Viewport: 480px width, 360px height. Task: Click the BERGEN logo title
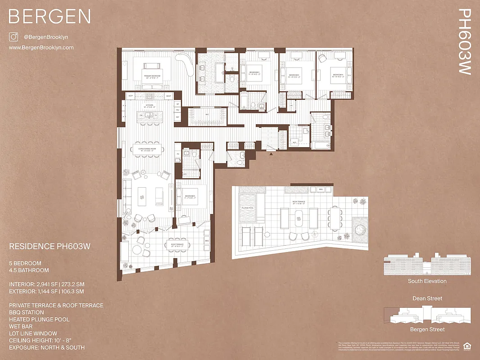pyautogui.click(x=50, y=17)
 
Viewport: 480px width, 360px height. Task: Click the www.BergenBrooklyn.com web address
pyautogui.click(x=41, y=47)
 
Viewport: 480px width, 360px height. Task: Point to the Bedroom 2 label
pyautogui.click(x=254, y=73)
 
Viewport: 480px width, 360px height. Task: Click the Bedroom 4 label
pyautogui.click(x=338, y=75)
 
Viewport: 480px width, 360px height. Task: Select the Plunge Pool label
pyautogui.click(x=248, y=208)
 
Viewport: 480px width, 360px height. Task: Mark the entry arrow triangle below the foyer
pyautogui.click(x=271, y=154)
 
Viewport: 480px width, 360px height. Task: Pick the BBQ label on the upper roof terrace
pyautogui.click(x=321, y=189)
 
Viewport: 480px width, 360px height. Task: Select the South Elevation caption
pyautogui.click(x=427, y=281)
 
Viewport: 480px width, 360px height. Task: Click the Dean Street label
pyautogui.click(x=427, y=298)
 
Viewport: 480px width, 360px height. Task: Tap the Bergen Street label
pyautogui.click(x=427, y=329)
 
